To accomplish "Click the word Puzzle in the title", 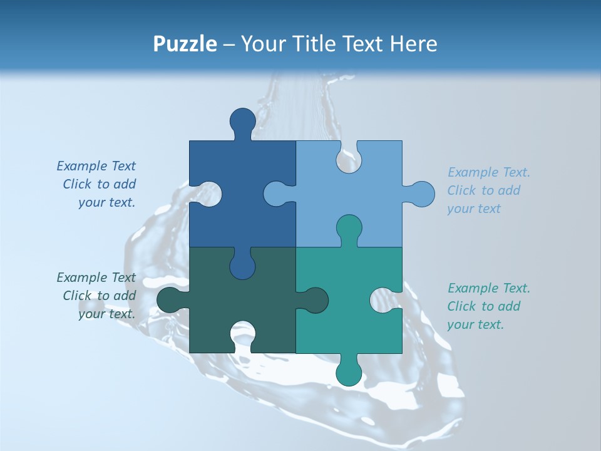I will coord(185,44).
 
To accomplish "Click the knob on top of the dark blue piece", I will coord(243,120).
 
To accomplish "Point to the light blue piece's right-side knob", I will coord(421,194).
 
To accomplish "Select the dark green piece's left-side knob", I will coord(169,300).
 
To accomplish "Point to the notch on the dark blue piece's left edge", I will coord(208,194).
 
